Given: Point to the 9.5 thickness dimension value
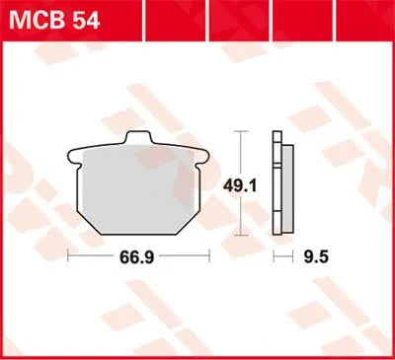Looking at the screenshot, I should click(x=314, y=258).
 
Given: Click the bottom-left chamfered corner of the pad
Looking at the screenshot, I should click(x=85, y=223).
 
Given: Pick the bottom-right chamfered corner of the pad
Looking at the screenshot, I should click(x=197, y=223).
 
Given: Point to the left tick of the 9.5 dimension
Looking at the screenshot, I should click(x=274, y=258).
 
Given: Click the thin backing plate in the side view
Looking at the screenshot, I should click(x=276, y=183).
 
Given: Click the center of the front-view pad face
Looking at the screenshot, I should click(x=141, y=189).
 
